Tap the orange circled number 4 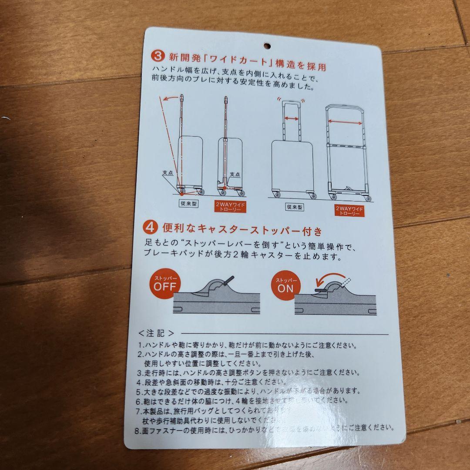click(x=151, y=228)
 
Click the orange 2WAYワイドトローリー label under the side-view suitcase click(x=231, y=207)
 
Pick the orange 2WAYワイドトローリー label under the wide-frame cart click(x=349, y=211)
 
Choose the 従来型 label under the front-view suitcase click(x=295, y=207)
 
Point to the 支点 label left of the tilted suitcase click(x=168, y=173)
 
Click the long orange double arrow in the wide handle click(x=345, y=124)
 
